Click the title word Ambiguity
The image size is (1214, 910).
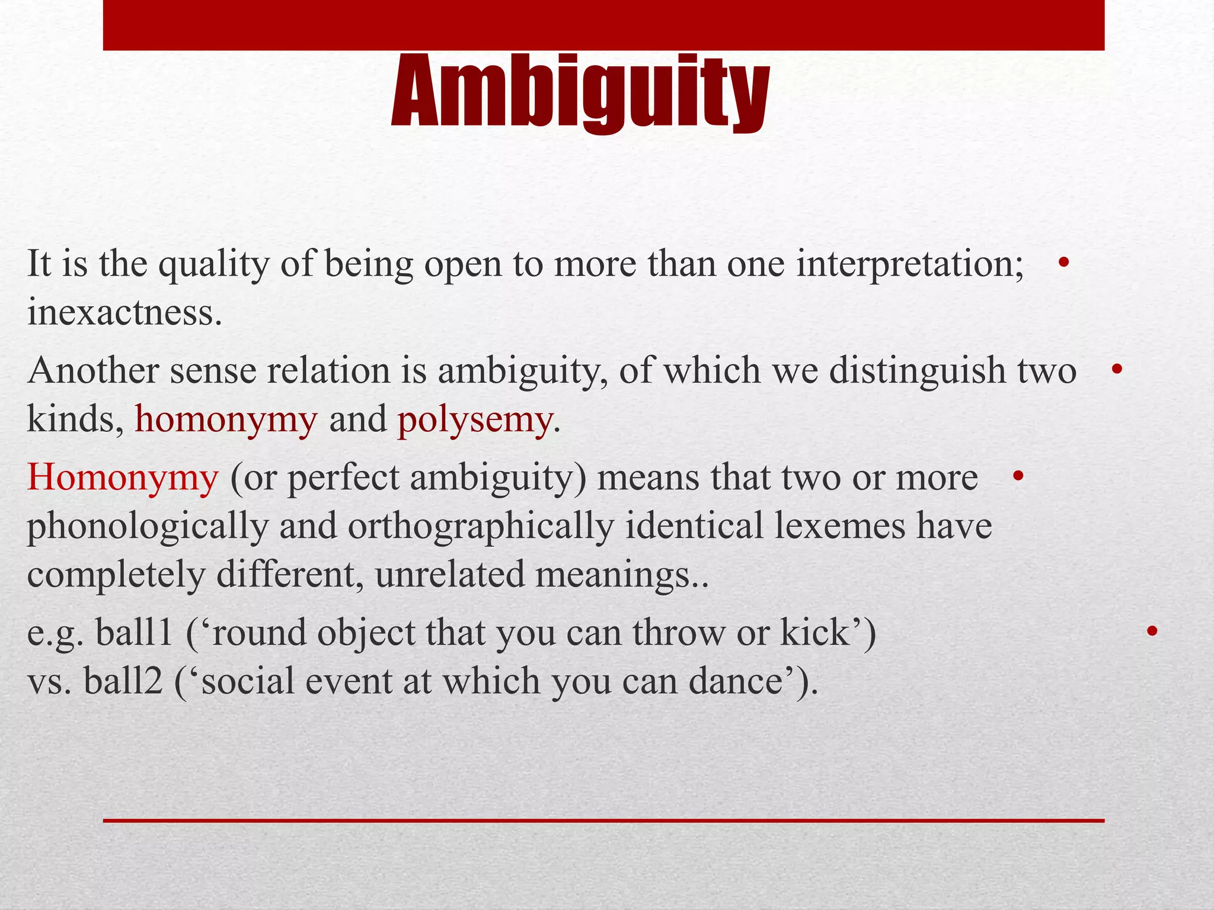click(x=580, y=92)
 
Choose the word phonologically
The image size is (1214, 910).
click(x=148, y=526)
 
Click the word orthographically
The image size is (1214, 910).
click(x=480, y=526)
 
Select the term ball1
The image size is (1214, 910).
click(x=134, y=632)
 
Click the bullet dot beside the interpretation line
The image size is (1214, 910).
click(x=1063, y=262)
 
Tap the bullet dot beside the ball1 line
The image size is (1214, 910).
click(x=1152, y=631)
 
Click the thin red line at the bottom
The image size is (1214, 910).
click(x=603, y=821)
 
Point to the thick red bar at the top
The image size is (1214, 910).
click(x=603, y=25)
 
